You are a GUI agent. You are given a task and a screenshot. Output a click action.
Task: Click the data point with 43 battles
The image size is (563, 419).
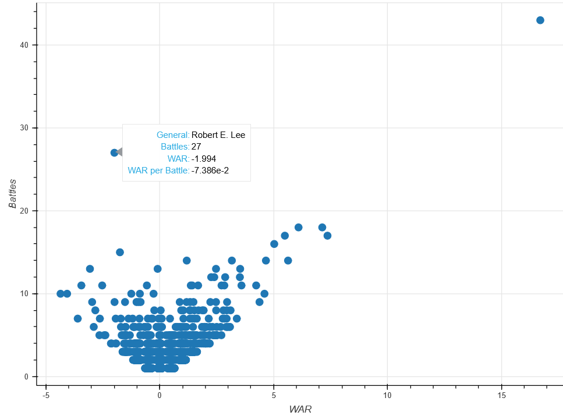pos(540,20)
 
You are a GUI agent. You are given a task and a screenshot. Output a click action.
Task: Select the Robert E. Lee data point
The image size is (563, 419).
pos(114,152)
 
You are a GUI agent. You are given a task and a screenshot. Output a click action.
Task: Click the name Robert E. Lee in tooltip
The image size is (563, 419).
pos(218,135)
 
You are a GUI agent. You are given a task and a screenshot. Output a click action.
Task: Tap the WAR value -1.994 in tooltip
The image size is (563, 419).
pos(204,159)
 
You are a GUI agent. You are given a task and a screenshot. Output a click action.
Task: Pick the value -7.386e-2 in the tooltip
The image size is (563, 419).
pos(210,171)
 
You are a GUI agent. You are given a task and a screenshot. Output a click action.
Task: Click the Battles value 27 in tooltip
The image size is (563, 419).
pos(196,147)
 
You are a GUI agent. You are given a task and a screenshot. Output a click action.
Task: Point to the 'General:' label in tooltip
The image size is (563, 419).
pos(173,135)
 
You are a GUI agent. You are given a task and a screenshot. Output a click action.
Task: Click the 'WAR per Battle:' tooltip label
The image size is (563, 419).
pos(158,171)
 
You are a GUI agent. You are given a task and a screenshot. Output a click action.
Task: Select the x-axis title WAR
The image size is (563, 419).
pos(300,409)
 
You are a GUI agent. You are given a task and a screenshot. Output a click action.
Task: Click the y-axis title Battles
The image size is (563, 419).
pos(13,194)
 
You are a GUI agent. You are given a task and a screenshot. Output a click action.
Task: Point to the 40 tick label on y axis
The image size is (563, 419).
pos(24,45)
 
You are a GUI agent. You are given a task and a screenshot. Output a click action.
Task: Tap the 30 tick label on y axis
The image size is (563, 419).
pos(24,128)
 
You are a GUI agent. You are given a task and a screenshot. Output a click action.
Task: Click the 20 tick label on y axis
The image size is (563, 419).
pos(24,211)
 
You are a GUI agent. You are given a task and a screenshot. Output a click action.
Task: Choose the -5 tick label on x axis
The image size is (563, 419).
pos(45,395)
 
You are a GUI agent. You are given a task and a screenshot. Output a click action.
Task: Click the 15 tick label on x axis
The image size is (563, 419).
pos(502,395)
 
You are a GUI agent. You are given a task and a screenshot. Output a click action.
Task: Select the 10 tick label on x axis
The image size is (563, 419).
pos(387,395)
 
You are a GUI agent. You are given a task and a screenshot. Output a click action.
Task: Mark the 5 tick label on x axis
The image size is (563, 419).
pos(274,395)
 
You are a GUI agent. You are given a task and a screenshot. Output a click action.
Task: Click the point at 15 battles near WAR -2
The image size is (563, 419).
pos(120,252)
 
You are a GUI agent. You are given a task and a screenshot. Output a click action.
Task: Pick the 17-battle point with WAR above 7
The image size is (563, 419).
pos(327,236)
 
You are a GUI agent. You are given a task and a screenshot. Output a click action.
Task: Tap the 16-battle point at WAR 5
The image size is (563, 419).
pos(274,244)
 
